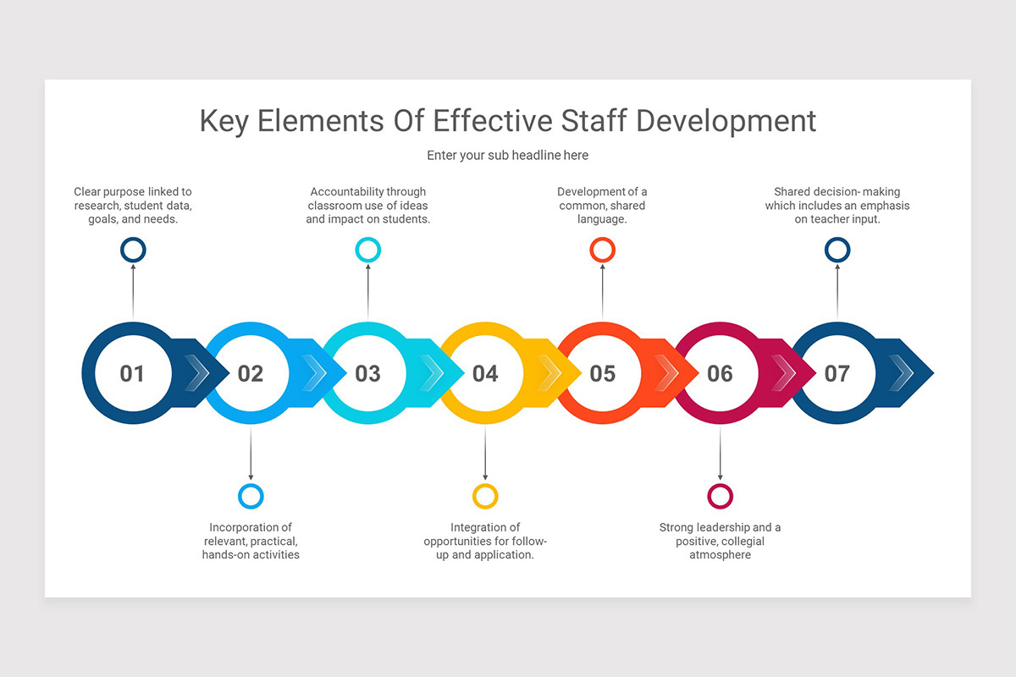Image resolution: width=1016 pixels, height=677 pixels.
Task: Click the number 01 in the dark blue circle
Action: pyautogui.click(x=132, y=373)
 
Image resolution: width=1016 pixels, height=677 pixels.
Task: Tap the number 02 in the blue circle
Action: pyautogui.click(x=250, y=373)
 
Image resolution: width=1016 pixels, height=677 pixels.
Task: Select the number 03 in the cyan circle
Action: pyautogui.click(x=367, y=373)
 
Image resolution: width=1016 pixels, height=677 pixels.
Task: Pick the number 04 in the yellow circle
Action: pyautogui.click(x=485, y=373)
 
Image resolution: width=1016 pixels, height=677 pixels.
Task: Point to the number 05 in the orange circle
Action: pyautogui.click(x=602, y=373)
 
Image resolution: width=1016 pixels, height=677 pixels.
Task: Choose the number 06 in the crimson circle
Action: pyautogui.click(x=720, y=373)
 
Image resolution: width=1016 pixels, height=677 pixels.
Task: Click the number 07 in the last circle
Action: pyautogui.click(x=837, y=373)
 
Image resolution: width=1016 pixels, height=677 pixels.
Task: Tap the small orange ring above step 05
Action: pyautogui.click(x=602, y=250)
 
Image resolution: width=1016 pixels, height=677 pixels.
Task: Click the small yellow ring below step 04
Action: pyautogui.click(x=485, y=496)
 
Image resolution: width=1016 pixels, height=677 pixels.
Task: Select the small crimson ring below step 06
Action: pyautogui.click(x=720, y=496)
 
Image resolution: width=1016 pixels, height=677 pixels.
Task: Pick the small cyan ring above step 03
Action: pyautogui.click(x=367, y=250)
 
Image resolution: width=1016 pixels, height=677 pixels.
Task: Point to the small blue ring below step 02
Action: pyautogui.click(x=251, y=496)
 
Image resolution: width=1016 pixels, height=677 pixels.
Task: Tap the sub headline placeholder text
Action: pyautogui.click(x=507, y=156)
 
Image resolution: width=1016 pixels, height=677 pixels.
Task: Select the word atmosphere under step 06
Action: pyautogui.click(x=720, y=555)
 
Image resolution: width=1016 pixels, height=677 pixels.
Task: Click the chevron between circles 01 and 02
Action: pyautogui.click(x=197, y=373)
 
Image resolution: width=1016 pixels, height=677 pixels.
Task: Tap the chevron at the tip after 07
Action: pyautogui.click(x=902, y=372)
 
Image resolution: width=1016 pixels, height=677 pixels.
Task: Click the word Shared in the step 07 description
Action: pyautogui.click(x=792, y=192)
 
